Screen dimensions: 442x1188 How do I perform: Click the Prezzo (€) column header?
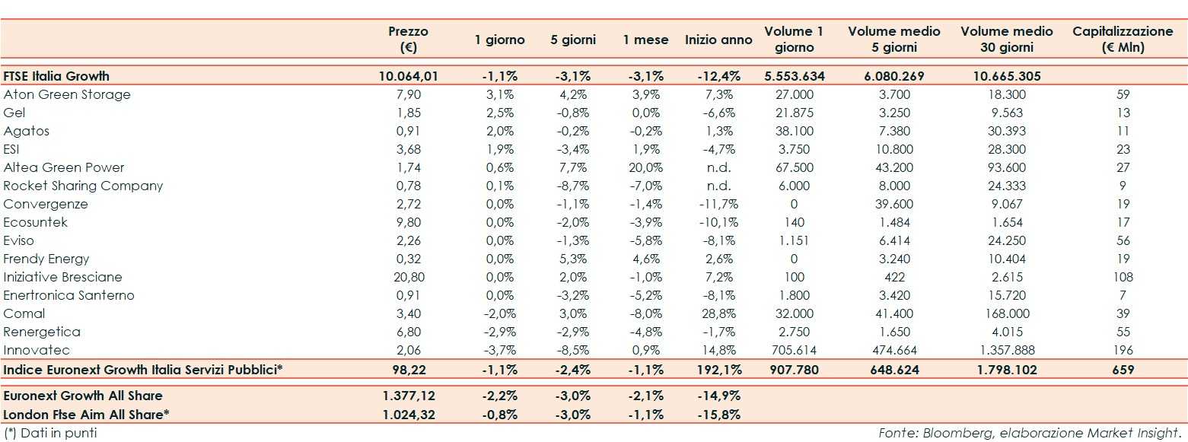[x=408, y=40]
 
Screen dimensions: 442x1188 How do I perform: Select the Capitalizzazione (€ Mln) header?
[x=1123, y=40]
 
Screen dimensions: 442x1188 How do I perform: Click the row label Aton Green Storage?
[x=67, y=94]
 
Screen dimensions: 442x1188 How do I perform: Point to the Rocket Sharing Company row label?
[x=83, y=186]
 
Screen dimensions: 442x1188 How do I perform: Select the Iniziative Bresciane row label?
[x=62, y=277]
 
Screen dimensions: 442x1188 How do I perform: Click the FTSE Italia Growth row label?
[x=56, y=76]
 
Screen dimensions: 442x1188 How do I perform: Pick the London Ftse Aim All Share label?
[x=86, y=415]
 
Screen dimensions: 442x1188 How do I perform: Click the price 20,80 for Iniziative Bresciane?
[x=409, y=277]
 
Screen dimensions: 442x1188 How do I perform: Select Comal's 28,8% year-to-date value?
[x=718, y=313]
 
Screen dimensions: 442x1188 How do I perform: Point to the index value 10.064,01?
[x=409, y=76]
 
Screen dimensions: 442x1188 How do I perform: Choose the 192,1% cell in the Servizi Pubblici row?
[x=718, y=370]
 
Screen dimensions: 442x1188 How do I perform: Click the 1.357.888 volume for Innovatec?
[x=1007, y=350]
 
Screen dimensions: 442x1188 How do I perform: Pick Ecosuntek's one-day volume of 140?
[x=795, y=222]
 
